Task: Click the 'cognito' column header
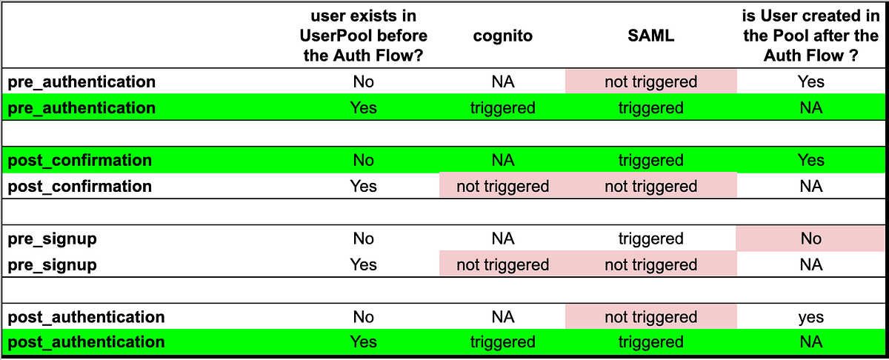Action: click(503, 36)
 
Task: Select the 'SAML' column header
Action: click(650, 36)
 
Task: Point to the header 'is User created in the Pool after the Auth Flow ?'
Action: click(810, 36)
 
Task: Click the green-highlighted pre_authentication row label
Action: click(81, 108)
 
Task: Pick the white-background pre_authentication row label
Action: click(81, 81)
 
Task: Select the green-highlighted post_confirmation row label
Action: click(79, 160)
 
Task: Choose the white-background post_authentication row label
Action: click(86, 317)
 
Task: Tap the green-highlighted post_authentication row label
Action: click(86, 342)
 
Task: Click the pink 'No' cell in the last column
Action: click(810, 239)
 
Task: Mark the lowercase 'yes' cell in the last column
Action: click(810, 317)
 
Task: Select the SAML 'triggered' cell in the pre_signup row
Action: click(650, 239)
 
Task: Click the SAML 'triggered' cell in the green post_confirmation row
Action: click(650, 160)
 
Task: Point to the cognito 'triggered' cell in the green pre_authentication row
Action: click(503, 108)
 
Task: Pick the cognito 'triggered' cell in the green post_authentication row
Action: click(503, 342)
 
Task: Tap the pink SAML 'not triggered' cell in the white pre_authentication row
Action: click(650, 81)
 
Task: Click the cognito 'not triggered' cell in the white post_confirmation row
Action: click(503, 186)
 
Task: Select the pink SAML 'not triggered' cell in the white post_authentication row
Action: click(650, 317)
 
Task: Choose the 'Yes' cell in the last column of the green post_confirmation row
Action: click(810, 160)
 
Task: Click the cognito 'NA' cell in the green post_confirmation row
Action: click(503, 160)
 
